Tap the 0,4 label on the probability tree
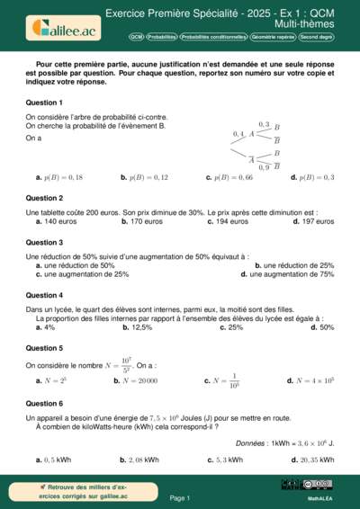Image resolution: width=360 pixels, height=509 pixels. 238,134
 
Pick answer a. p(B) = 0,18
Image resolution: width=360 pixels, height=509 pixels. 62,178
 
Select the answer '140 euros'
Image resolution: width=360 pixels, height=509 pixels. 58,221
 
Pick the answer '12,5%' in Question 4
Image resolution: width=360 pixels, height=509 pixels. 137,328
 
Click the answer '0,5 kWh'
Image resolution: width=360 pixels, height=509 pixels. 57,460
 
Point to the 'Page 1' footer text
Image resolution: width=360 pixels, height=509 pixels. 180,497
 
